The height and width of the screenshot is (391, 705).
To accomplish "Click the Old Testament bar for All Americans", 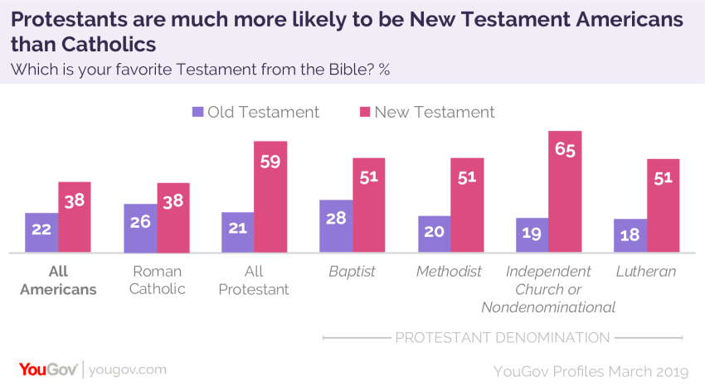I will [x=41, y=233].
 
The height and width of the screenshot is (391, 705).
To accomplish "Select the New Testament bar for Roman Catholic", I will [x=173, y=218].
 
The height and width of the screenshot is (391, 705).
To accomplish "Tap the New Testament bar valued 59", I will [x=270, y=197].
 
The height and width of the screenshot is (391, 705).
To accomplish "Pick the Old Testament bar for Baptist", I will [x=336, y=226].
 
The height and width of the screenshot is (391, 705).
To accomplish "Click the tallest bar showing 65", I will [x=565, y=191].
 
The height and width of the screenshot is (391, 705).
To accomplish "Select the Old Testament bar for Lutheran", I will [x=630, y=236].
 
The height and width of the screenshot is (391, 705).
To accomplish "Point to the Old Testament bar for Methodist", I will [x=434, y=234].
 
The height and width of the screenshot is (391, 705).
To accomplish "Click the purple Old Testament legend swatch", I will [x=197, y=112].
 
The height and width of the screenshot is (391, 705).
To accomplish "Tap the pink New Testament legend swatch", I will [x=364, y=112].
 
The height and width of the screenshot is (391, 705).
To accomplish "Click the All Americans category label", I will [x=58, y=280].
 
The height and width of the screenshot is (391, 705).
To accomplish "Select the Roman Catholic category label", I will [x=157, y=280].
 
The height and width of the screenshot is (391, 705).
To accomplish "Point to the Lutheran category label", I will [x=646, y=271].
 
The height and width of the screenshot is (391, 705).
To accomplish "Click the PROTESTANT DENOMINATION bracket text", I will [x=502, y=337].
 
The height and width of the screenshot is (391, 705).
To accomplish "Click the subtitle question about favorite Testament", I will [x=199, y=69].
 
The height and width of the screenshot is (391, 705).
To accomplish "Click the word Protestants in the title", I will [x=70, y=18].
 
